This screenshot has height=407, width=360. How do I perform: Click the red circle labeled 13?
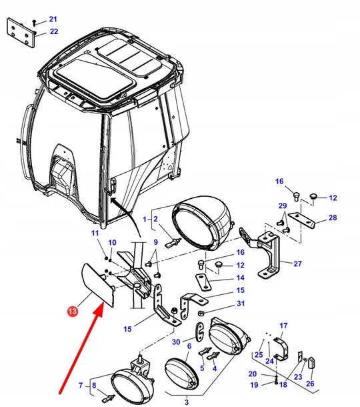tap(72, 310)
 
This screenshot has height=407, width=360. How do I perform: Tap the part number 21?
tap(53, 19)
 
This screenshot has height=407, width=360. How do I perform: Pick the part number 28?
tap(332, 218)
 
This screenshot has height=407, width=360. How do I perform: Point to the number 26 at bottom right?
tap(310, 384)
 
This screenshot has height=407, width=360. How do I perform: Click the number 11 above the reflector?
tap(95, 233)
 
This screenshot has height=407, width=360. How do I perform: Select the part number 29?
tap(283, 206)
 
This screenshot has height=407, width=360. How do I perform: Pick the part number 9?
tap(156, 242)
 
